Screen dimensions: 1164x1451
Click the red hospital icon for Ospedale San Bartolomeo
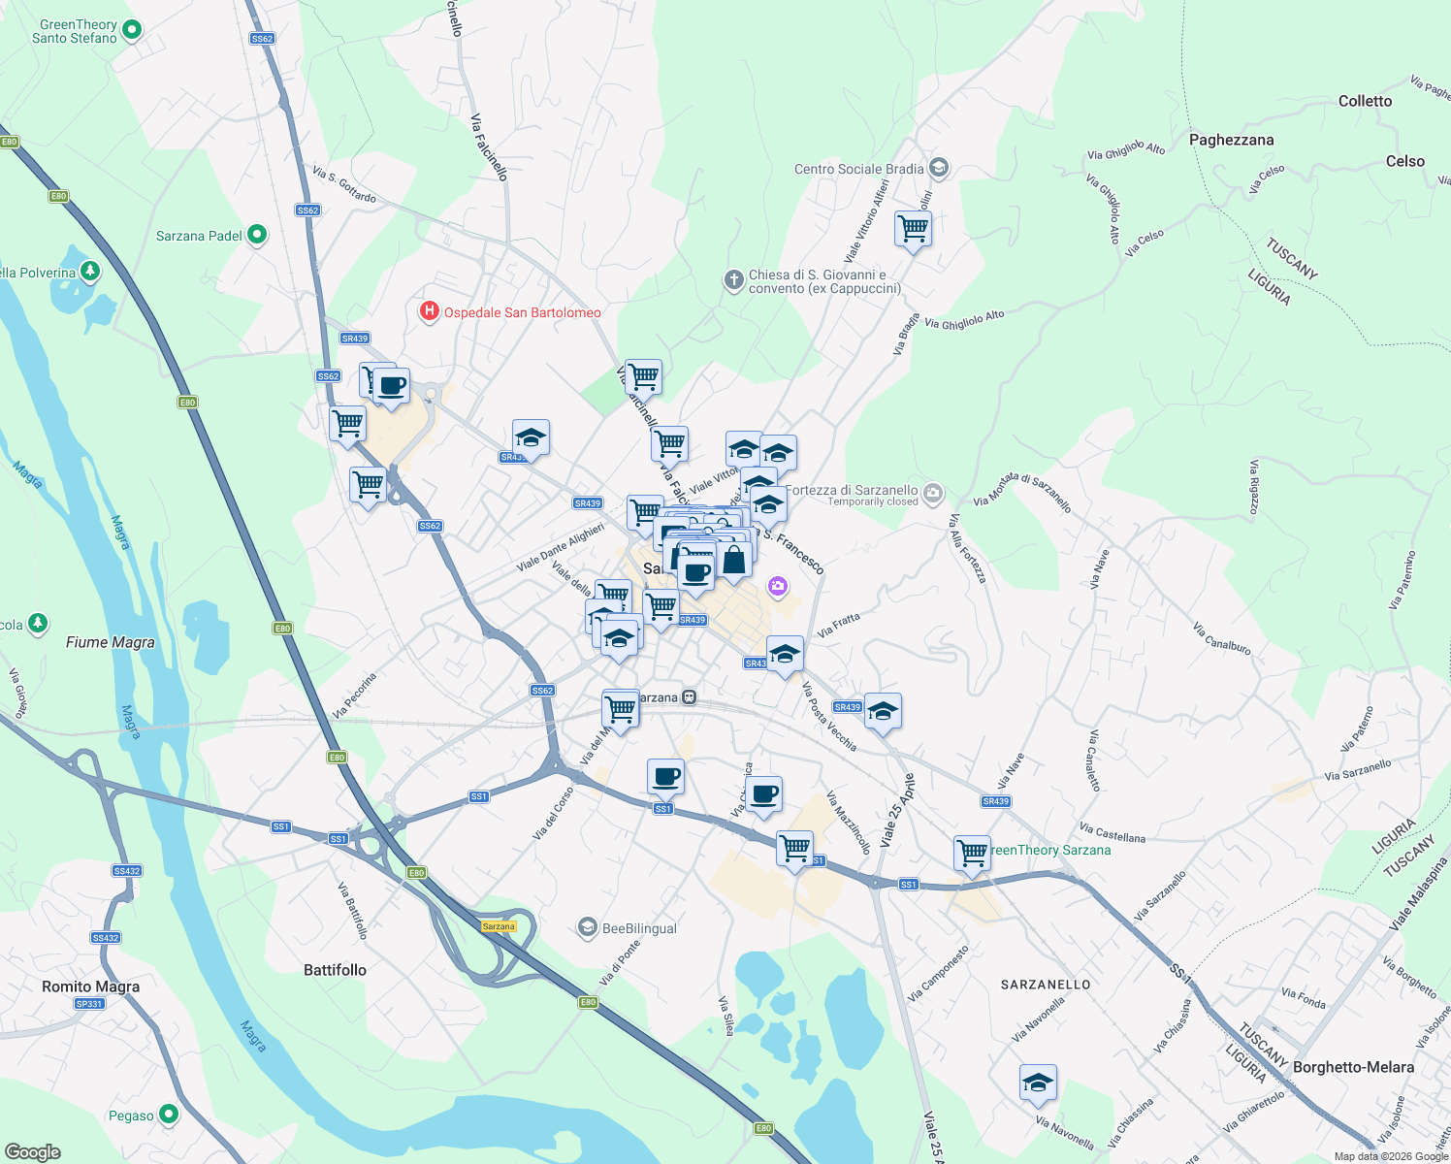coord(429,311)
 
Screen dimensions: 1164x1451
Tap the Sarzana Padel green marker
coord(257,235)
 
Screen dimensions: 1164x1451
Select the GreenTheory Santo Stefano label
coord(76,32)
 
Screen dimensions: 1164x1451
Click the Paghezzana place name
coord(1231,140)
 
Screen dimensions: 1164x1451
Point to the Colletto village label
coord(1365,101)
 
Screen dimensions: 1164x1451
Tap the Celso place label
coord(1405,161)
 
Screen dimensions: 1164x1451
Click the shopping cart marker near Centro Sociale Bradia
coord(913,230)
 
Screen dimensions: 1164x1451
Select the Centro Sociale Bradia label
coord(858,169)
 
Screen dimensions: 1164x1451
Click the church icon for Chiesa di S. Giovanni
coord(734,280)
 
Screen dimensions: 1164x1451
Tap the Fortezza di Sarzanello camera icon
coord(933,493)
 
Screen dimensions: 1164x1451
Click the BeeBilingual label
coord(639,928)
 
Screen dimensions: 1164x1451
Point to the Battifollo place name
coord(335,970)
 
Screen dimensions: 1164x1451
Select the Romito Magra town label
coord(90,986)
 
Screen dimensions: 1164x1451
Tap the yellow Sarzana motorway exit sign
coord(499,926)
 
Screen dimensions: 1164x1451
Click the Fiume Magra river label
coord(111,642)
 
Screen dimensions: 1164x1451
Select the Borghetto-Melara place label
coord(1353,1067)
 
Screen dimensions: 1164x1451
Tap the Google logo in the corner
coord(33,1151)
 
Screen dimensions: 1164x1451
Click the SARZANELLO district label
coord(1046,985)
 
